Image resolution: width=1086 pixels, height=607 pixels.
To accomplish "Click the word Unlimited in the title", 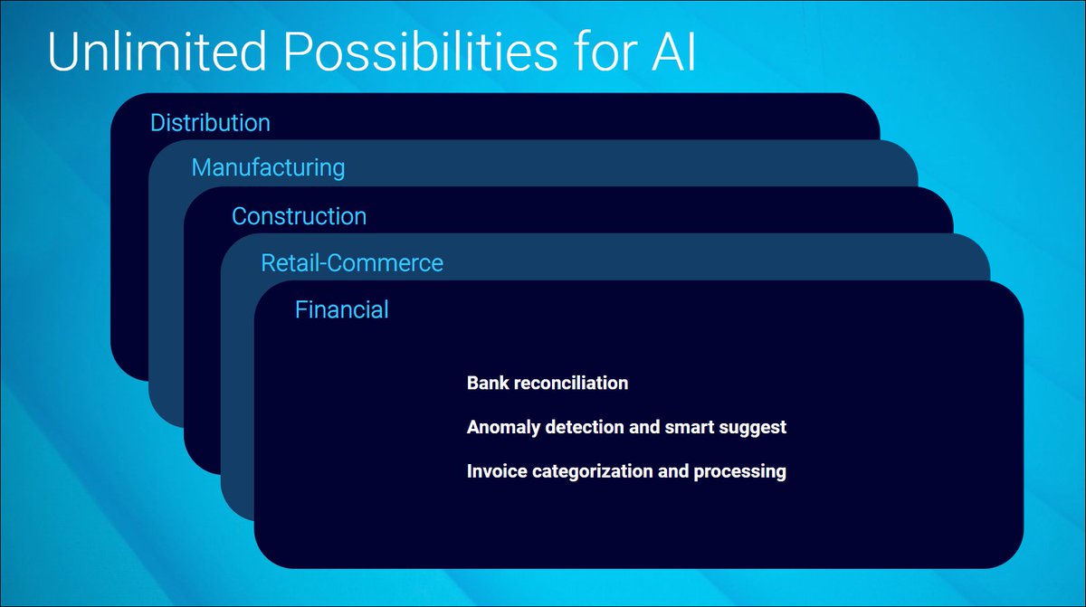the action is [x=157, y=52].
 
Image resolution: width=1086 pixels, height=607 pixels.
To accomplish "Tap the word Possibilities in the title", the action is [x=421, y=52].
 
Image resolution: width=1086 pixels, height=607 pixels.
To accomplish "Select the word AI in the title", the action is [x=674, y=52].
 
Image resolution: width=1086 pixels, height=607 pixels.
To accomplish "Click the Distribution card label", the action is [x=210, y=122].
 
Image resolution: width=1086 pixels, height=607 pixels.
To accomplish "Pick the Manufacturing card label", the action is [x=268, y=168].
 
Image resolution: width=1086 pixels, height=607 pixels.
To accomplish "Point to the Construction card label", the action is [x=300, y=216].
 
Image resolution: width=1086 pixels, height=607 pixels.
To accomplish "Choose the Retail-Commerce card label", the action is [x=352, y=262].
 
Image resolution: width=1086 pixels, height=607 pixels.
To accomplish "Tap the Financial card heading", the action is [x=342, y=309].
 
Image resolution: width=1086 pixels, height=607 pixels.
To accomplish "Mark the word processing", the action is [x=740, y=472].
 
